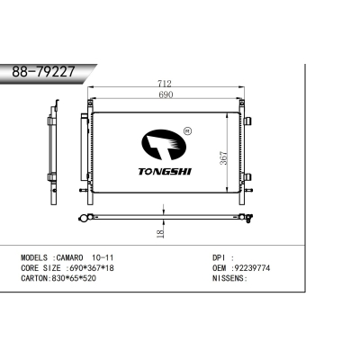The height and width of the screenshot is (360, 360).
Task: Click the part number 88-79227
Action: (44, 72)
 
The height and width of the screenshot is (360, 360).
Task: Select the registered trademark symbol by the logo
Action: (186, 131)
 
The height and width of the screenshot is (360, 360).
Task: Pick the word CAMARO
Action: (71, 256)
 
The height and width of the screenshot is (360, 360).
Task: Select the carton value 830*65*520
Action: (78, 278)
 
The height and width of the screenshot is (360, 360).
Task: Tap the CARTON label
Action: (35, 278)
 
